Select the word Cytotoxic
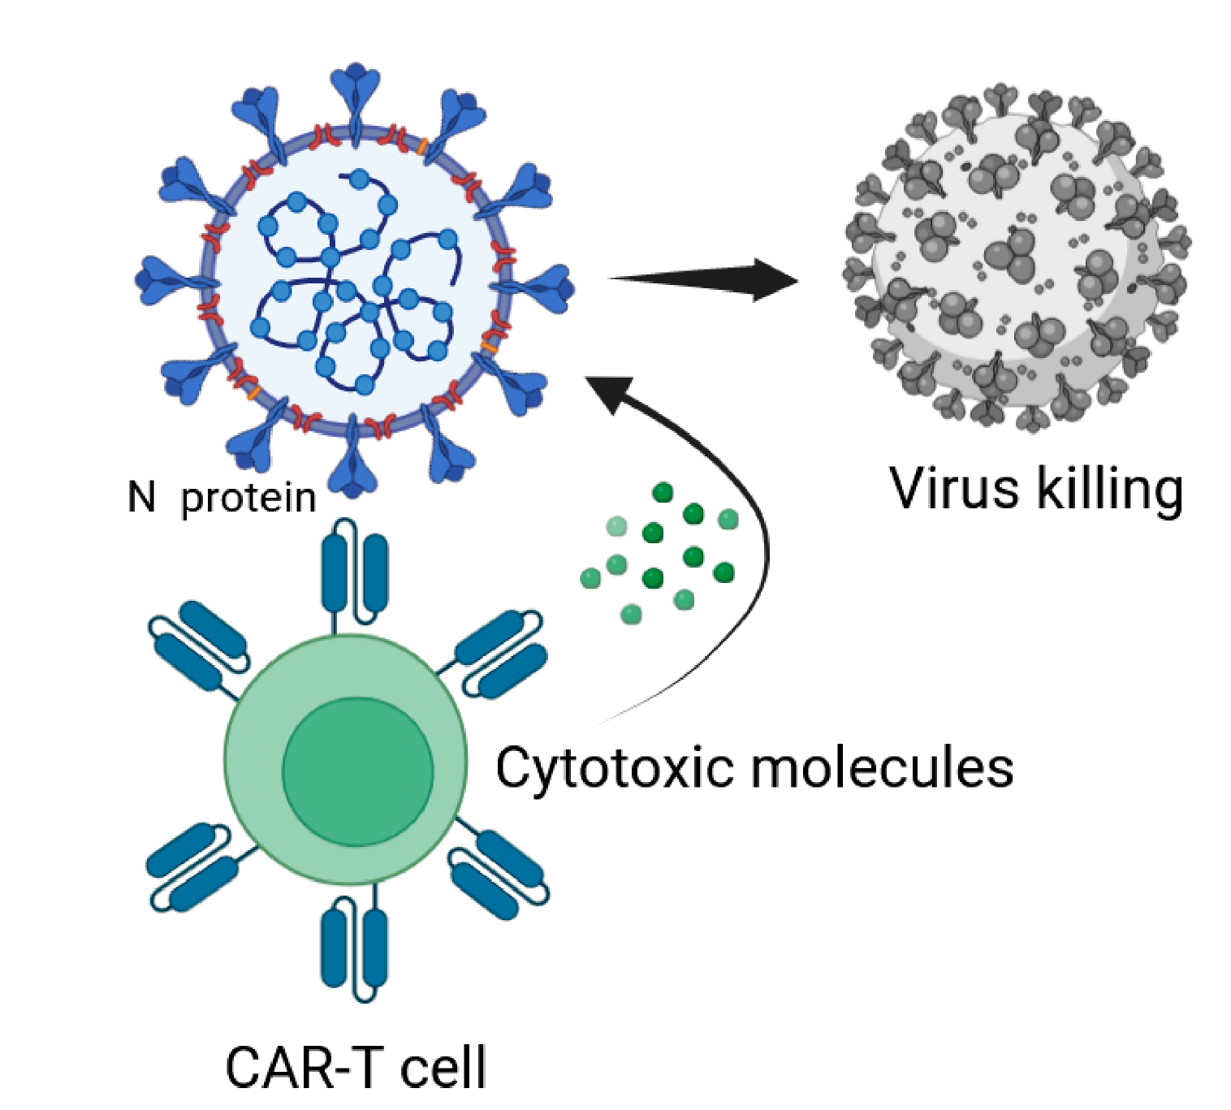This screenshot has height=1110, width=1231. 614,767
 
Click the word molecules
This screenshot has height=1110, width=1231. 882,767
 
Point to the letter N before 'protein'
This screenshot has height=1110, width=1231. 141,497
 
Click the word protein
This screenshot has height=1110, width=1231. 248,498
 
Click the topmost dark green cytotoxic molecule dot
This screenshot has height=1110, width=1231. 663,492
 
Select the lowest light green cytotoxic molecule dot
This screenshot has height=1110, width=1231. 631,614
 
